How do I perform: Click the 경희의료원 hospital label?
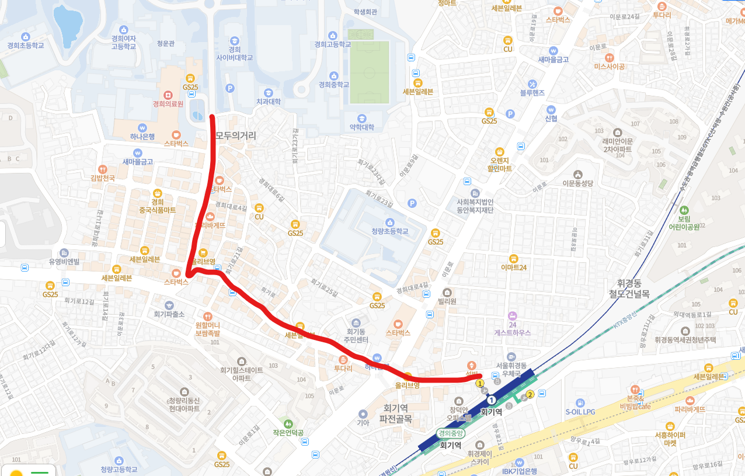pos(168,104)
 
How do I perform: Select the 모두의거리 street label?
pos(235,136)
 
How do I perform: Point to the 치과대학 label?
pos(268,102)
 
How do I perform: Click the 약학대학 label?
pos(361,127)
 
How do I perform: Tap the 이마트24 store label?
pos(514,267)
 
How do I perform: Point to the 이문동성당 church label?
pos(577,183)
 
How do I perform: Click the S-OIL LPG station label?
pos(580,411)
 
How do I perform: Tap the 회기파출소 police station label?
pos(169,314)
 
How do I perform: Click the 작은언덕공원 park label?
pos(287,433)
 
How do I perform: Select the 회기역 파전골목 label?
pos(395,414)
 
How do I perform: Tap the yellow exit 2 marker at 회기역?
pos(530,394)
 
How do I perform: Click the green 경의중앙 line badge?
pos(451,433)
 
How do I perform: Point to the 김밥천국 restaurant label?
pos(103,178)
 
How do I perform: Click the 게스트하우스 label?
pos(512,332)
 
